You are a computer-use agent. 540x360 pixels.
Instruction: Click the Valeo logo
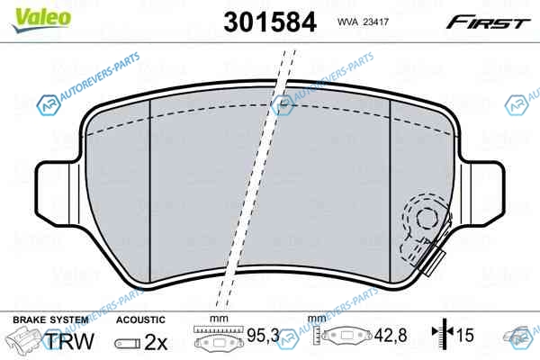pyautogui.click(x=41, y=20)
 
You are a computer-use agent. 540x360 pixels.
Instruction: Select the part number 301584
pyautogui.click(x=270, y=22)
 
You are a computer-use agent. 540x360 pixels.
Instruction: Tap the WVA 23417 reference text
pyautogui.click(x=363, y=22)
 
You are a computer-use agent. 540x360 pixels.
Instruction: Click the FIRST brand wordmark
pyautogui.click(x=488, y=22)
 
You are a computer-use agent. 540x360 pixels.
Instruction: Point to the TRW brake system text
pyautogui.click(x=70, y=341)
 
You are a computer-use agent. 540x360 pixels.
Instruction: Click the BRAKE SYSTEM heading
pyautogui.click(x=50, y=320)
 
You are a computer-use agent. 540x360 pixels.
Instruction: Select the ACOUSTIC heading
pyautogui.click(x=140, y=320)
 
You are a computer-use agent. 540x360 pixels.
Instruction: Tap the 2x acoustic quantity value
pyautogui.click(x=156, y=342)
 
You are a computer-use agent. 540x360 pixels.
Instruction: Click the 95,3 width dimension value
pyautogui.click(x=264, y=335)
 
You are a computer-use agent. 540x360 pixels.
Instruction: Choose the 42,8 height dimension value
pyautogui.click(x=391, y=335)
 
